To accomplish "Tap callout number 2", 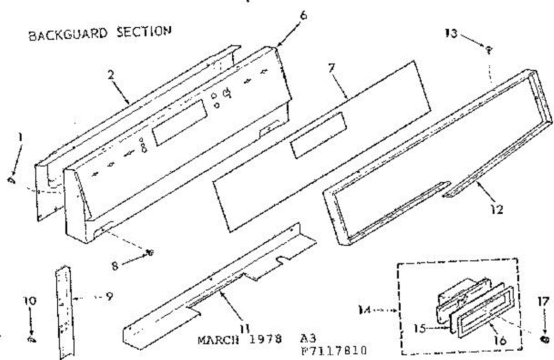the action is click(111, 75).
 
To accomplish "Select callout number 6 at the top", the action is click(303, 15).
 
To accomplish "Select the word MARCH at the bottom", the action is click(215, 342).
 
